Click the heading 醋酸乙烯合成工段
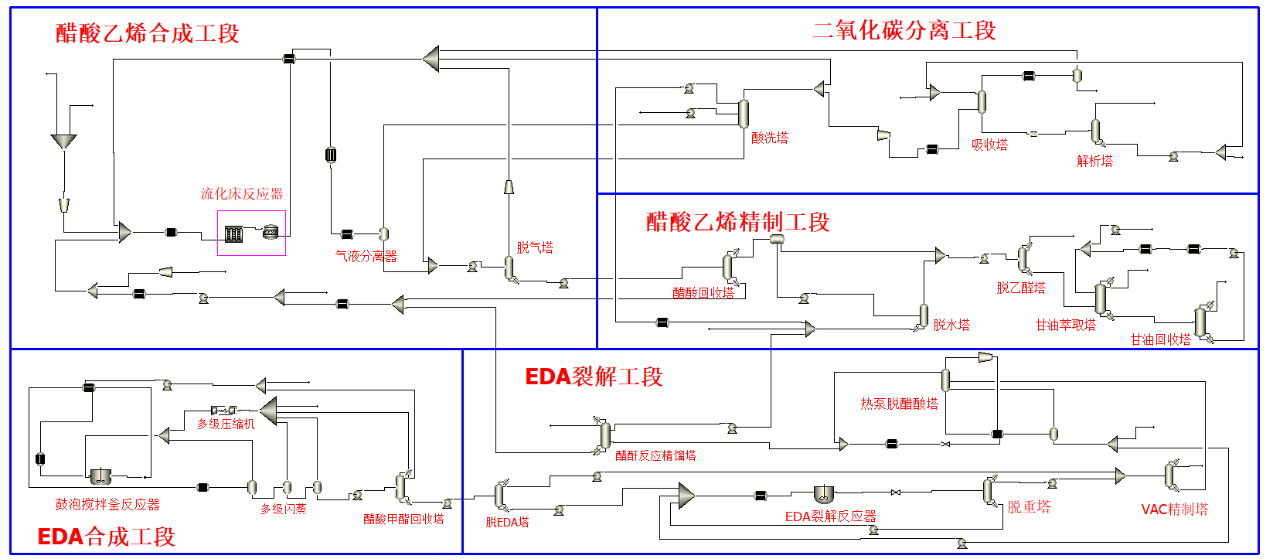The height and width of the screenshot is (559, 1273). (147, 33)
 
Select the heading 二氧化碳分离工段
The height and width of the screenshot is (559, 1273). (904, 31)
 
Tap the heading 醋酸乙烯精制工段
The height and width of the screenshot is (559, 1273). (737, 222)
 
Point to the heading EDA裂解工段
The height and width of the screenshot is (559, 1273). (594, 377)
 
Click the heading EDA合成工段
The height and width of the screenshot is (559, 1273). (106, 537)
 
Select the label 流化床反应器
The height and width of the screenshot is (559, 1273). (241, 194)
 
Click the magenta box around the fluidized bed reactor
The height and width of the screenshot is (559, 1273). (251, 211)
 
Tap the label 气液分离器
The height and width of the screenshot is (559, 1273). (366, 257)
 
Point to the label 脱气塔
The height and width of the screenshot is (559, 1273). (535, 247)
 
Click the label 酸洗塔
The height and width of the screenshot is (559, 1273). (770, 138)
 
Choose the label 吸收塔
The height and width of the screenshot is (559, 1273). (989, 145)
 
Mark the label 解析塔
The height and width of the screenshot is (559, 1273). (1094, 161)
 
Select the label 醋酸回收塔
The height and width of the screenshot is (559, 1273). (703, 293)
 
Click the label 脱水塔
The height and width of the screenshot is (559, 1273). (951, 325)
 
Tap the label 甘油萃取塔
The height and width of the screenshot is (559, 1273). (1066, 325)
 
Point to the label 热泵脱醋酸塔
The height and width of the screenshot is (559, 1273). (899, 404)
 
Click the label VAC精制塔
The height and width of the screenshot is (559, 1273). (1175, 509)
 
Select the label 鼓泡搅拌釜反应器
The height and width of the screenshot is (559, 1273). (107, 504)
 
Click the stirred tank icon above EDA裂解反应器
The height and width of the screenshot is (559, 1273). (822, 494)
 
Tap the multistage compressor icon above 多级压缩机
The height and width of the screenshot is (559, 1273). (223, 410)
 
